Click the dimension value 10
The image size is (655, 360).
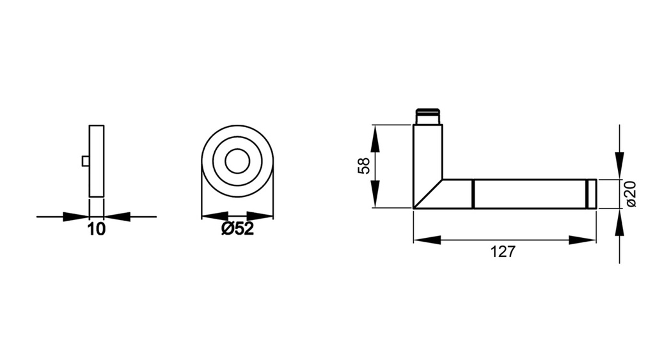coord(97,230)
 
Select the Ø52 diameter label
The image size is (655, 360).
coord(238,229)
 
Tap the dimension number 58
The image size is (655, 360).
coord(364,166)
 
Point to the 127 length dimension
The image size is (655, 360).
coord(503,252)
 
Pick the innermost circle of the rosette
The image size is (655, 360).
coord(237,160)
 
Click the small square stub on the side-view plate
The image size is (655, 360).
coord(86,161)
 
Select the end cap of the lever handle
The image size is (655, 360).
coord(591,194)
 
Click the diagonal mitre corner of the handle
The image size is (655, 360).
coord(428,194)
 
